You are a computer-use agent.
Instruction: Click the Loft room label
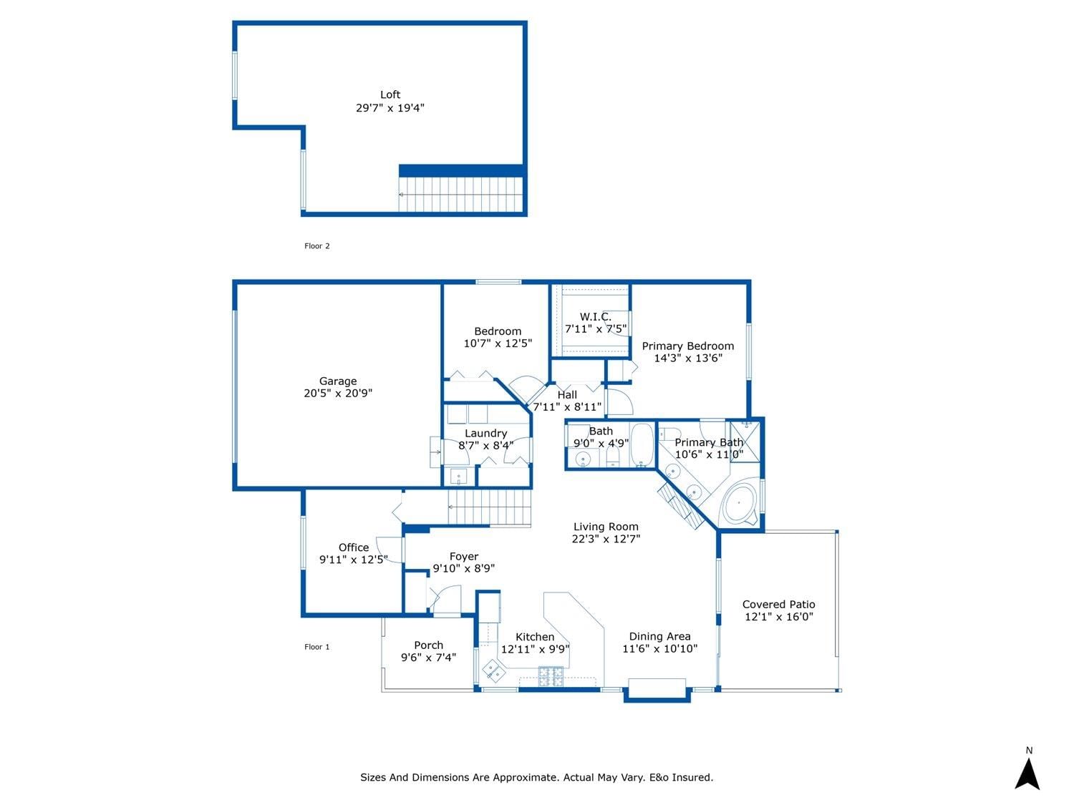pyautogui.click(x=390, y=94)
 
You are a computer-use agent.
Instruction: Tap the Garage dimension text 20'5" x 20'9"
pyautogui.click(x=338, y=393)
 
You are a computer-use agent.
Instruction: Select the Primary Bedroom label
pyautogui.click(x=687, y=346)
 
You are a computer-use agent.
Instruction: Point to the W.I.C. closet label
pyautogui.click(x=596, y=316)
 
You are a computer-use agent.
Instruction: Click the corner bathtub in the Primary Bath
pyautogui.click(x=740, y=505)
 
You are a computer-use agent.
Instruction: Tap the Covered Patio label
pyautogui.click(x=778, y=604)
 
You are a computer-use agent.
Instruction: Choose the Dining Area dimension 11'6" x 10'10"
pyautogui.click(x=659, y=648)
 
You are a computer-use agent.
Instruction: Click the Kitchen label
pyautogui.click(x=535, y=637)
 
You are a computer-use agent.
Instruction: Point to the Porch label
pyautogui.click(x=428, y=645)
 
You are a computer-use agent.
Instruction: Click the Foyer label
pyautogui.click(x=464, y=556)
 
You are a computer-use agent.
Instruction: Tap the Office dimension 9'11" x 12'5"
pyautogui.click(x=354, y=560)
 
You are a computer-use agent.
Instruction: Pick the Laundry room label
pyautogui.click(x=485, y=433)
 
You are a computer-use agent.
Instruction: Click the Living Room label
pyautogui.click(x=606, y=527)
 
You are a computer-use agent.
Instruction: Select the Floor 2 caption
pyautogui.click(x=317, y=246)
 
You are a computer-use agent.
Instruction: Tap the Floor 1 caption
pyautogui.click(x=317, y=647)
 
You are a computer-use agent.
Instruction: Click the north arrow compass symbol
pyautogui.click(x=1028, y=774)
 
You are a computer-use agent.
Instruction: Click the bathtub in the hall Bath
pyautogui.click(x=642, y=445)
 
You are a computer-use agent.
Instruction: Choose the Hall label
pyautogui.click(x=567, y=394)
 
